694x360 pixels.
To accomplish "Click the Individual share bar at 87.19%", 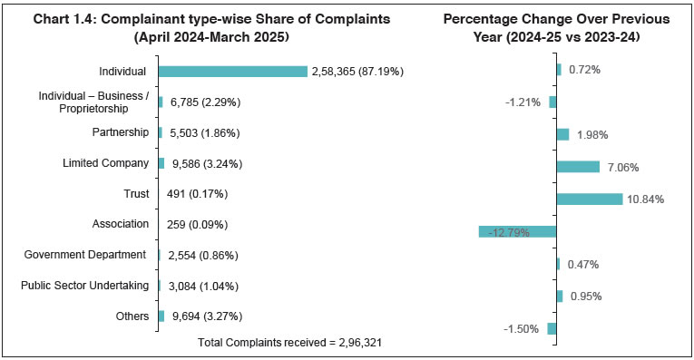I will pyautogui.click(x=232, y=72).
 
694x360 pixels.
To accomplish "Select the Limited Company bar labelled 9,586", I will pyautogui.click(x=161, y=163).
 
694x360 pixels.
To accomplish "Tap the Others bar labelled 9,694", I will pyautogui.click(x=161, y=316).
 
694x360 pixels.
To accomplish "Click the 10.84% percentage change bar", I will pyautogui.click(x=589, y=199).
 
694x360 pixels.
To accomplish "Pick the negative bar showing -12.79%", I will pyautogui.click(x=517, y=231).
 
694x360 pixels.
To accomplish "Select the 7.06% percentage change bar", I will pyautogui.click(x=578, y=166).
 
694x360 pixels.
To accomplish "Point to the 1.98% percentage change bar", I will pyautogui.click(x=562, y=134).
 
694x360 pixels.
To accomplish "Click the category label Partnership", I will pyautogui.click(x=120, y=132).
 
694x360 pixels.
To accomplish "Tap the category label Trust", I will pyautogui.click(x=135, y=193).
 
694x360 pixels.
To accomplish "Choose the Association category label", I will pyautogui.click(x=120, y=224).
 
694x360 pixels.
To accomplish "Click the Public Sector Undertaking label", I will pyautogui.click(x=84, y=286).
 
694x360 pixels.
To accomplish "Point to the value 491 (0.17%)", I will pyautogui.click(x=196, y=194).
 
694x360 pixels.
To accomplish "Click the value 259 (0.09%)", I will pyautogui.click(x=196, y=225).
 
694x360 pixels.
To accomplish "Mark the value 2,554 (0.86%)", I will pyautogui.click(x=200, y=256).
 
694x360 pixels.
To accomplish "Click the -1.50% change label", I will pyautogui.click(x=522, y=328).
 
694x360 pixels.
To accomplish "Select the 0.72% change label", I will pyautogui.click(x=583, y=70).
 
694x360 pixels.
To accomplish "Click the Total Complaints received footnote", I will pyautogui.click(x=284, y=343).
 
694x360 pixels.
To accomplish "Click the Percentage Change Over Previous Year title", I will pyautogui.click(x=556, y=28).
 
